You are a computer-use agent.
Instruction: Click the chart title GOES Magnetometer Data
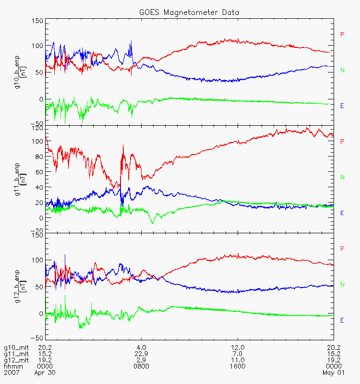tap(189, 12)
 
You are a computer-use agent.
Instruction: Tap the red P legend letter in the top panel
tap(342, 34)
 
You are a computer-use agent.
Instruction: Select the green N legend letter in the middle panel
tap(342, 177)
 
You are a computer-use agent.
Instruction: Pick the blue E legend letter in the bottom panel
tap(342, 320)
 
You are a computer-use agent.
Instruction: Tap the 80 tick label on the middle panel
tap(39, 156)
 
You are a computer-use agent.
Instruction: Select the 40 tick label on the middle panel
tap(39, 187)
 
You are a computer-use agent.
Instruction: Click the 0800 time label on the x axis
tap(141, 366)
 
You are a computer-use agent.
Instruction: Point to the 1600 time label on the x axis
tap(238, 366)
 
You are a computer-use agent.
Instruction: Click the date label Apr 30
tap(45, 373)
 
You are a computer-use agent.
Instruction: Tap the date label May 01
tap(333, 373)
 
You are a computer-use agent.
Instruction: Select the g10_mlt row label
tap(16, 348)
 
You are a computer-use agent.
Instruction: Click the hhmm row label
tap(13, 366)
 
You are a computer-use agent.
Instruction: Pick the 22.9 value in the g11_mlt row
tap(141, 354)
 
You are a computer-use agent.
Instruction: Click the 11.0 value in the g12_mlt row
tap(238, 360)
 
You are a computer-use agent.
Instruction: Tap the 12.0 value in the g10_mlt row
tap(238, 348)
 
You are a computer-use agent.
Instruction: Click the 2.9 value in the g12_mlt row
tap(141, 360)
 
